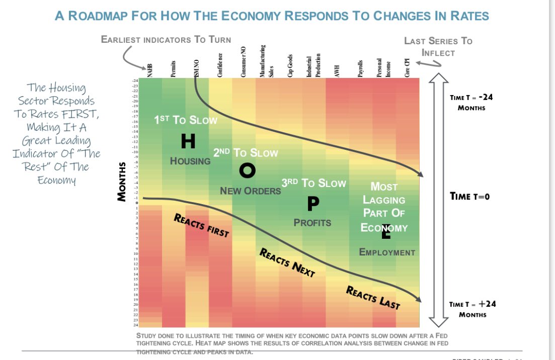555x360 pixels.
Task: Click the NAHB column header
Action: coord(150,70)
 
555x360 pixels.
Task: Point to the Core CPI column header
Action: coord(408,67)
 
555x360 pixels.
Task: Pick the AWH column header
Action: coord(337,70)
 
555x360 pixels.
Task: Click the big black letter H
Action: coord(188,142)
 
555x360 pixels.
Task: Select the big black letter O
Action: coord(247,171)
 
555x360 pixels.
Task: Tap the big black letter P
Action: coord(312,204)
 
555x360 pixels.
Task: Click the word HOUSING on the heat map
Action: coord(190,161)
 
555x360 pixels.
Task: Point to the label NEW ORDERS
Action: coord(250,191)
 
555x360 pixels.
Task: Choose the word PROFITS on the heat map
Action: coord(312,222)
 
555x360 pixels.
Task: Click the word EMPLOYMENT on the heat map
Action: coord(387,252)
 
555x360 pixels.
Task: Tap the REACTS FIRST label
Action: coord(201,225)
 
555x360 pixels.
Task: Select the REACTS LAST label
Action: coord(373,297)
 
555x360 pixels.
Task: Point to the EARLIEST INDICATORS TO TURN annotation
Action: coord(166,39)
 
